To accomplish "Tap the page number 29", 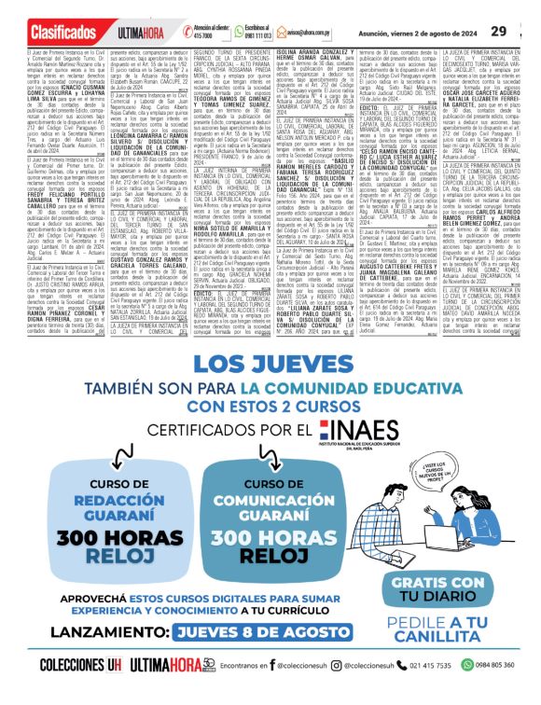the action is coord(524,32).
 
